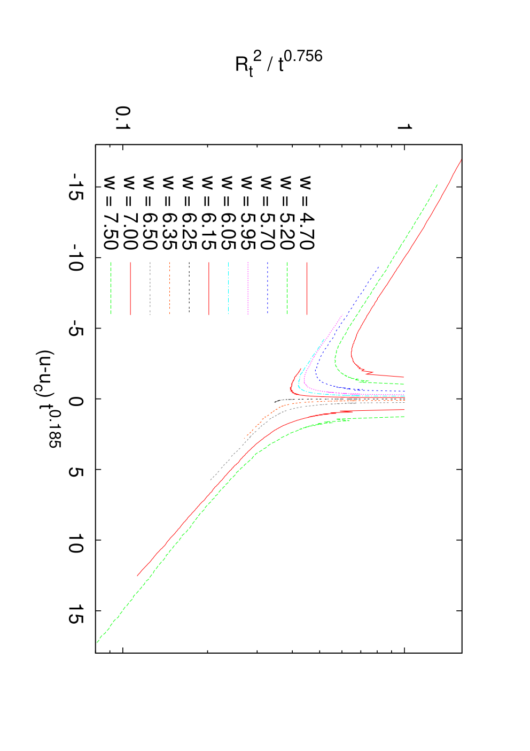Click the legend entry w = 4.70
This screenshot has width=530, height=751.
point(307,212)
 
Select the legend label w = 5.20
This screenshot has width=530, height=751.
point(287,212)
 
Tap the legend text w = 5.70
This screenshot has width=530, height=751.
point(268,212)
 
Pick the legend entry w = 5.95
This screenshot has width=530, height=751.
point(248,212)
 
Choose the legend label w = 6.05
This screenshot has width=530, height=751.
point(228,212)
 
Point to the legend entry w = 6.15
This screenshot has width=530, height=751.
point(208,212)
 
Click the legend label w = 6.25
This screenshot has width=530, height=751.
point(189,212)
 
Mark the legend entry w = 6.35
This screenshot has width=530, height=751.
point(169,212)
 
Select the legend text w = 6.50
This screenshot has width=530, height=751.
point(150,212)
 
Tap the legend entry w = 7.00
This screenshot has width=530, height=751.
point(130,212)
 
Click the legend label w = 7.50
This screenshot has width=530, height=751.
point(111,212)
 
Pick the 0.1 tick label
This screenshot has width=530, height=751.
point(122,118)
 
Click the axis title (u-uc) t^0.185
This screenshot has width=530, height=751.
point(48,399)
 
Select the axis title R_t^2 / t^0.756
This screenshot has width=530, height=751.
point(278,63)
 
